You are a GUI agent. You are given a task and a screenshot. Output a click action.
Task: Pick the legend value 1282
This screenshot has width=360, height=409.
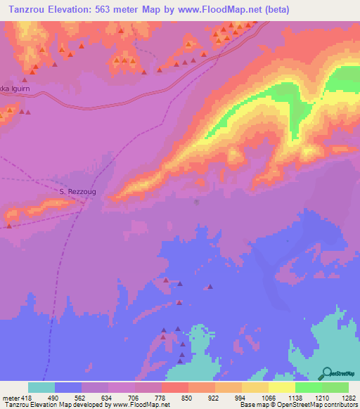point(348,397)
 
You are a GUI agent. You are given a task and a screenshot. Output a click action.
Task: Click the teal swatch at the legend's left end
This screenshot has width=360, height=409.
point(41,387)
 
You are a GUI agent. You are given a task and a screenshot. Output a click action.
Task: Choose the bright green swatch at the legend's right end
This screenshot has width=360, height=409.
point(335,387)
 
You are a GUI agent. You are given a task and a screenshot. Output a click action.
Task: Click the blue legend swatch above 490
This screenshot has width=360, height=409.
point(68,387)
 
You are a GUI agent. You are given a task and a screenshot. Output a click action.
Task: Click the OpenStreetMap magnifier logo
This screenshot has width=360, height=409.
point(326,373)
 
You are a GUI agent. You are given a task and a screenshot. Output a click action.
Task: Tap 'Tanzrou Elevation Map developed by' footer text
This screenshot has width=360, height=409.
point(42,405)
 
